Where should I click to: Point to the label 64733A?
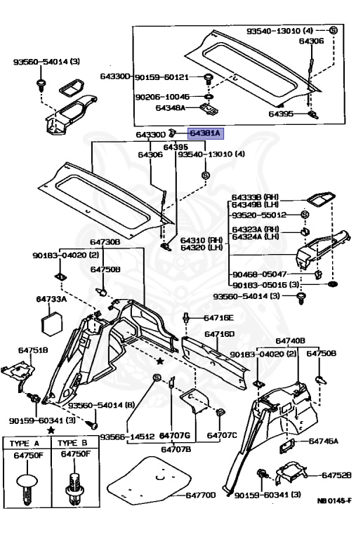click(x=51, y=299)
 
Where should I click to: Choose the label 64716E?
click(x=219, y=318)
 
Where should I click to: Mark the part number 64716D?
click(x=219, y=334)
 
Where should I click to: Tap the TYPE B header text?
click(x=72, y=443)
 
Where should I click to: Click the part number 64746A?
click(x=324, y=441)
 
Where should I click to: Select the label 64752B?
click(x=336, y=475)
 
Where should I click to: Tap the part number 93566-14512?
click(x=126, y=436)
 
